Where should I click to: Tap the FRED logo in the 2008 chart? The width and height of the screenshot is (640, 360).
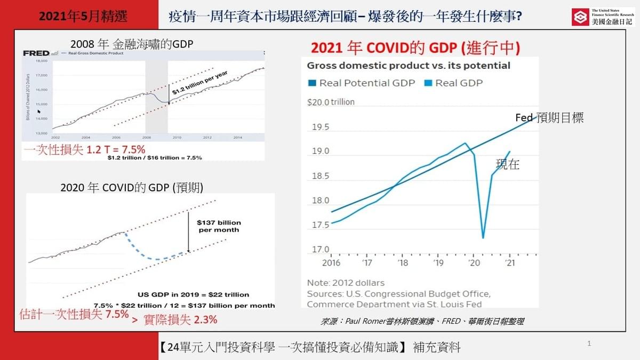tap(36, 53)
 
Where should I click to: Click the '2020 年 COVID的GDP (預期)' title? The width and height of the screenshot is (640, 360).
tap(132, 187)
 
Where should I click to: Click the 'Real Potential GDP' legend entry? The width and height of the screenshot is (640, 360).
tap(361, 83)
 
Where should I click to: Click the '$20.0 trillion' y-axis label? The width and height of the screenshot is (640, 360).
tap(331, 102)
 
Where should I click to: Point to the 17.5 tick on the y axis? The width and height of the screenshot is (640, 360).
tap(320, 225)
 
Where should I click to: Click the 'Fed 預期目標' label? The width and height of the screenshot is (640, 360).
tap(549, 118)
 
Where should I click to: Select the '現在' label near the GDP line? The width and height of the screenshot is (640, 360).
tap(507, 165)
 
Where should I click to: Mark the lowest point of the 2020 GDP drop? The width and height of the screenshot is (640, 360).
tap(483, 238)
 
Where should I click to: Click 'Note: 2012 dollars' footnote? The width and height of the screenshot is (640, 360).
tap(345, 283)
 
